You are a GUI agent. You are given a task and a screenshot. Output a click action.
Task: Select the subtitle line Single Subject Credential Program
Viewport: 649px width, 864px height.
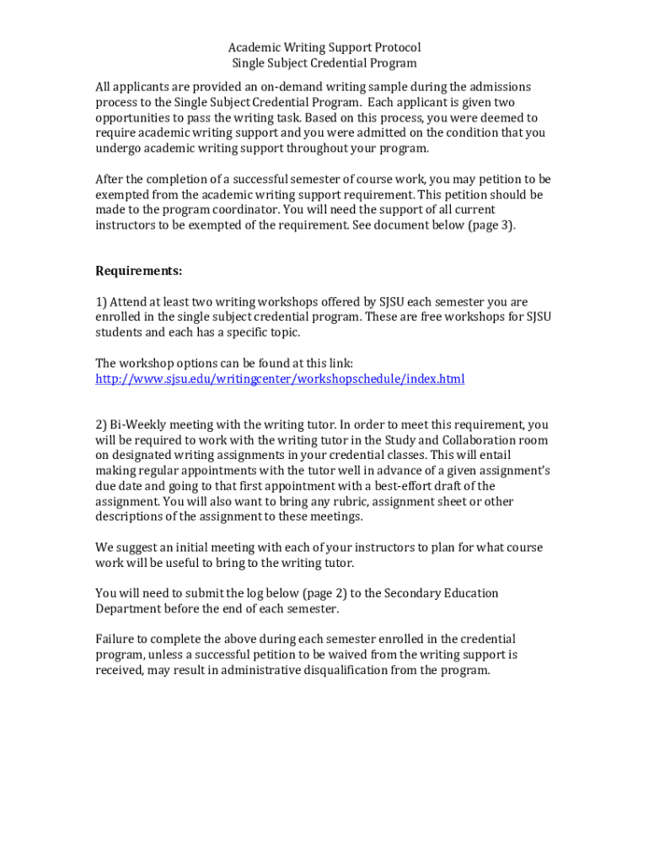324,63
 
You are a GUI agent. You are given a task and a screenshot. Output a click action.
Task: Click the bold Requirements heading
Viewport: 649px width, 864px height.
138,271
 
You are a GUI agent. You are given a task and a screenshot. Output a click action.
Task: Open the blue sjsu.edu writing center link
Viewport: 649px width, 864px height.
280,379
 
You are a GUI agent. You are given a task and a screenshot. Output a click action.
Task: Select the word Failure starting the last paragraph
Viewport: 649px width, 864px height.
115,639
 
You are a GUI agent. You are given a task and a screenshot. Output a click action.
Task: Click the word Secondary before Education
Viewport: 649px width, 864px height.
413,593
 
